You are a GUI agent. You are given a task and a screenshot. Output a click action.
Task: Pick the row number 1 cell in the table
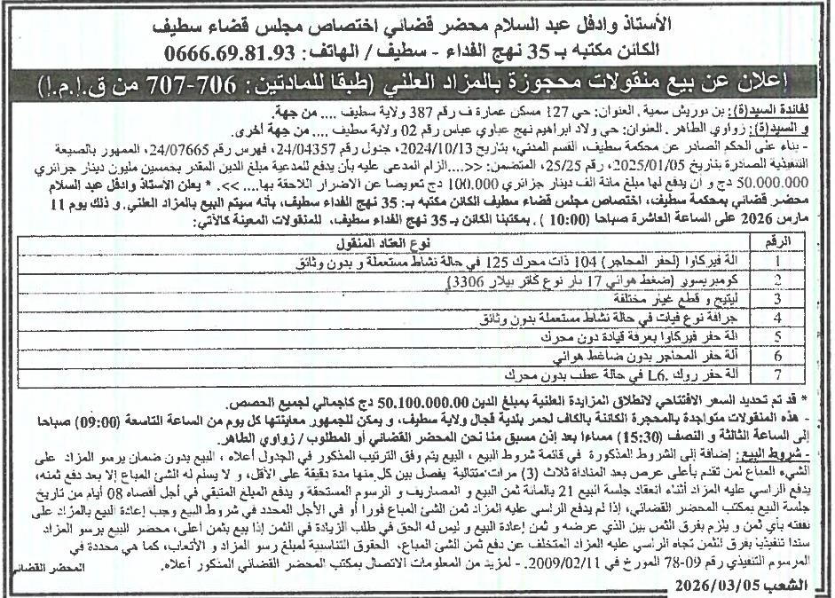(x=777, y=262)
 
